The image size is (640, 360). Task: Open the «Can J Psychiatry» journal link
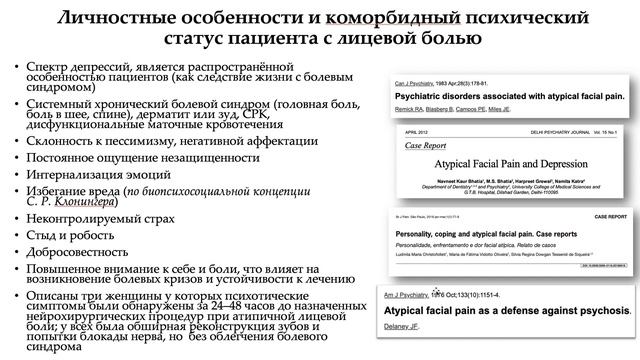click(x=412, y=77)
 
